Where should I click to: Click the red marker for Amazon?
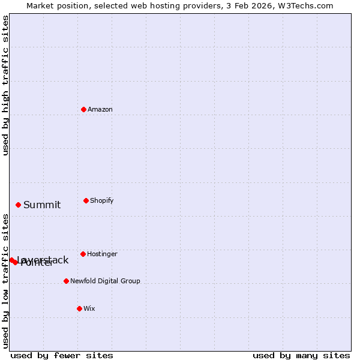pyautogui.click(x=83, y=109)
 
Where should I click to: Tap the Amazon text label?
pyautogui.click(x=100, y=110)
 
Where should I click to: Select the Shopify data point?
pyautogui.click(x=86, y=200)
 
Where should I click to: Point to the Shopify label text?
pyautogui.click(x=102, y=201)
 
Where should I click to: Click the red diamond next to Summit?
pyautogui.click(x=18, y=205)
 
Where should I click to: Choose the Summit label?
pyautogui.click(x=42, y=205)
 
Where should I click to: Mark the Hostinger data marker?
pyautogui.click(x=83, y=254)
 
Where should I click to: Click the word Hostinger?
pyautogui.click(x=103, y=254)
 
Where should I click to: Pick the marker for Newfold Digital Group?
pyautogui.click(x=66, y=281)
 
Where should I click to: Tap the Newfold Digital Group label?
pyautogui.click(x=105, y=281)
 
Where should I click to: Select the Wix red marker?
pyautogui.click(x=79, y=308)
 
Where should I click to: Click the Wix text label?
pyautogui.click(x=89, y=309)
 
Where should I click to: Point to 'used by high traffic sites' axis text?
pyautogui.click(x=5, y=85)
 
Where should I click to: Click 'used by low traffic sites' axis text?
pyautogui.click(x=5, y=281)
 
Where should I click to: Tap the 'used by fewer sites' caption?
pyautogui.click(x=62, y=355)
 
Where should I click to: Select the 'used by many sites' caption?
pyautogui.click(x=301, y=355)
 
